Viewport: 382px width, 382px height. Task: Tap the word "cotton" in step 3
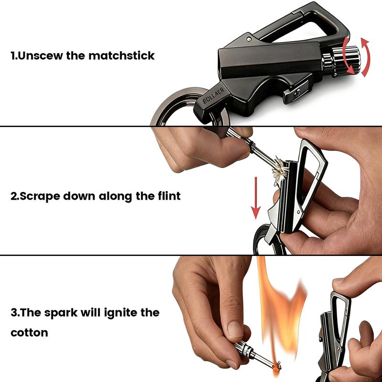(x=29, y=332)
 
